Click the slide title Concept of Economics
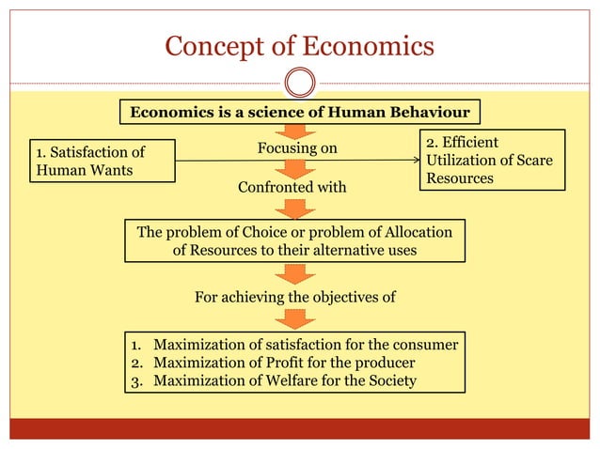[299, 45]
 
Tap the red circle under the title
[299, 83]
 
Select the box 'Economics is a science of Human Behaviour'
[299, 113]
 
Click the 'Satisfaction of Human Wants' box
[103, 161]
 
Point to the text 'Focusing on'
[297, 148]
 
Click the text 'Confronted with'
[292, 188]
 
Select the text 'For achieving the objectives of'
[294, 298]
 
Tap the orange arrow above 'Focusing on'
[296, 132]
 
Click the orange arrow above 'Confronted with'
[296, 169]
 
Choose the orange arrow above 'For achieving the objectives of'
[296, 273]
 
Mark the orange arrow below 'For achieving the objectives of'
[296, 319]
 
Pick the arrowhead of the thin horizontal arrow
[417, 161]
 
